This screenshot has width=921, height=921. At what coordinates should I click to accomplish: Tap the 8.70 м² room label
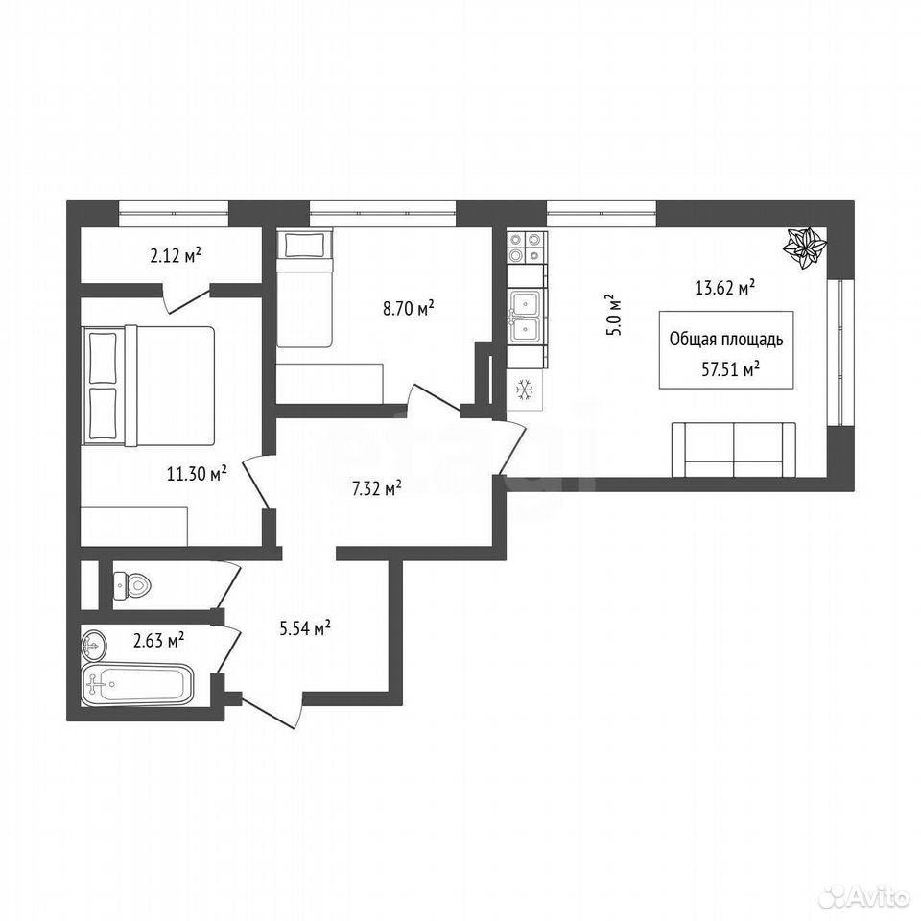[x=409, y=307]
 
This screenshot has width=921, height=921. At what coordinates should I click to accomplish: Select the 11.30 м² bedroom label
[x=198, y=473]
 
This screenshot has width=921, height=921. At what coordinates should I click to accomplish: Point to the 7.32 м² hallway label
[x=376, y=488]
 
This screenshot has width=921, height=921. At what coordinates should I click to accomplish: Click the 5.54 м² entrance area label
[x=305, y=628]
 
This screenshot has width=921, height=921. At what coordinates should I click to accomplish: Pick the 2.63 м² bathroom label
[x=159, y=640]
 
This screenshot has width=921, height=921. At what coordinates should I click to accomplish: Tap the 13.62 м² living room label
[x=725, y=288]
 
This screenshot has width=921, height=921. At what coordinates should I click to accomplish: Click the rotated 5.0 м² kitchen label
[x=614, y=314]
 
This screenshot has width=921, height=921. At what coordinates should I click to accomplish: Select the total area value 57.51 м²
[x=731, y=369]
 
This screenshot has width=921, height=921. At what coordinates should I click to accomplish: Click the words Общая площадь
[x=726, y=340]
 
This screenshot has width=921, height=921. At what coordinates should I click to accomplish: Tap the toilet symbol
[x=132, y=585]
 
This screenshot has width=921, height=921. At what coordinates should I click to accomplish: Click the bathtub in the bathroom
[x=138, y=684]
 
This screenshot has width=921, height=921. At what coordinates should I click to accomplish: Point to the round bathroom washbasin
[x=94, y=646]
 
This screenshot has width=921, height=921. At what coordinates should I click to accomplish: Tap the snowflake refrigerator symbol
[x=524, y=390]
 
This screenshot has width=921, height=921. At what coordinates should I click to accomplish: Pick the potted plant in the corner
[x=804, y=248]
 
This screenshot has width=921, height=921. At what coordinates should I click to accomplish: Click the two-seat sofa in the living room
[x=734, y=449]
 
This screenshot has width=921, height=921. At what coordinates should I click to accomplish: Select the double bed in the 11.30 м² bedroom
[x=151, y=386]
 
